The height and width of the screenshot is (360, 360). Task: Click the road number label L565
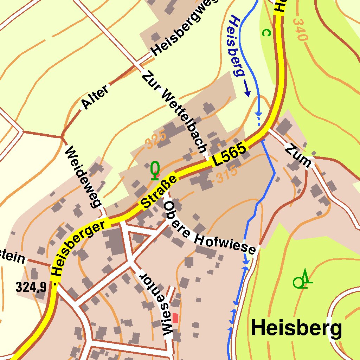coord(229,155)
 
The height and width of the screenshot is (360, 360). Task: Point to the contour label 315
coord(227,175)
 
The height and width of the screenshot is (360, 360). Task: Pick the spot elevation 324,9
coord(31,287)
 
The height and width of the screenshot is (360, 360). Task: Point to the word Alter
coord(95,98)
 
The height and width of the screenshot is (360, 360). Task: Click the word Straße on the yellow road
coord(159,192)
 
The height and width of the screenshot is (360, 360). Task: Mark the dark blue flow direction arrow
coord(247,90)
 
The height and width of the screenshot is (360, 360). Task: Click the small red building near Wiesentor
coord(175,318)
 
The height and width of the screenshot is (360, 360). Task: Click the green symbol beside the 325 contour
coord(155,171)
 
